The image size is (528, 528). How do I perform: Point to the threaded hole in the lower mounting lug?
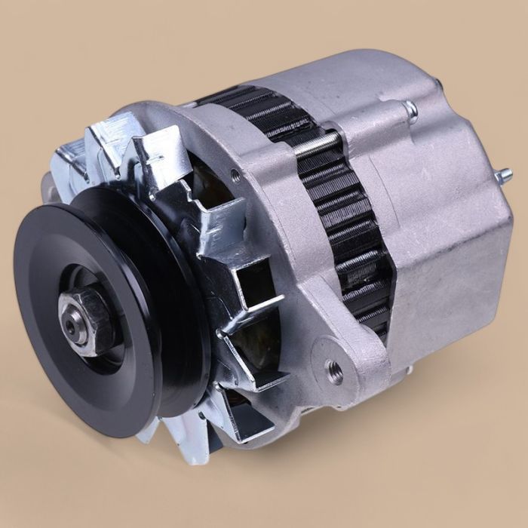pyautogui.click(x=333, y=371)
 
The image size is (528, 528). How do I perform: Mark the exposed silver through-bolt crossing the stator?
pyautogui.click(x=317, y=144)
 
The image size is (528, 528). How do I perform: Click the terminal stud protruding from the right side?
pyautogui.click(x=502, y=176)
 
